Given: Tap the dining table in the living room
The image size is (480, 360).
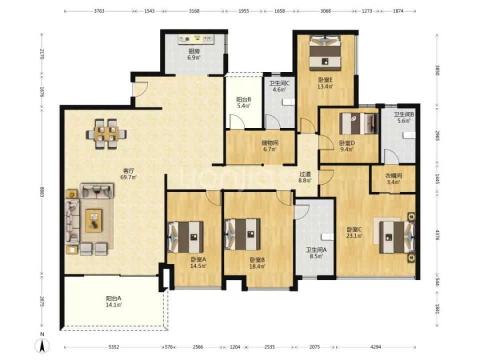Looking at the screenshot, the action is [x=106, y=134].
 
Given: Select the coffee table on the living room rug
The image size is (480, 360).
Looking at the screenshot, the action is [x=93, y=220].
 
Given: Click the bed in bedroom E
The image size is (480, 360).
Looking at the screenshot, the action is [x=325, y=52].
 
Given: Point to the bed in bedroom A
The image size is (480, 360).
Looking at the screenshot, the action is [x=185, y=236].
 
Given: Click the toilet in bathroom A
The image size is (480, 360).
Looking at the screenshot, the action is [x=327, y=236].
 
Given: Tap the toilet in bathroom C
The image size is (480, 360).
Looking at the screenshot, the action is [x=289, y=102].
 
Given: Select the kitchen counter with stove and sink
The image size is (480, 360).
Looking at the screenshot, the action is [x=196, y=39].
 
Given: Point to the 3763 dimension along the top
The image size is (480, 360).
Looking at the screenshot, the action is [x=99, y=11].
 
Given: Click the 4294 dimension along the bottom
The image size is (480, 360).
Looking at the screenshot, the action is [x=375, y=347].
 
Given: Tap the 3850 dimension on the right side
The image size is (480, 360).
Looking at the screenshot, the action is [x=437, y=70].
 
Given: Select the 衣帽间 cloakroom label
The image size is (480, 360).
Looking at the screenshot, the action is [x=393, y=175].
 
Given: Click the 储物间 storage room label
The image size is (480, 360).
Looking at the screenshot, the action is [x=270, y=142].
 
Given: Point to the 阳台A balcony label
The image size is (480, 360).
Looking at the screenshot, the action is [x=114, y=298].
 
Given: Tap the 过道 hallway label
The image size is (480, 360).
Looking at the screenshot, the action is [x=305, y=174].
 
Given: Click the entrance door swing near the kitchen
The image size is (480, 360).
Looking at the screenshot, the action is [x=140, y=89].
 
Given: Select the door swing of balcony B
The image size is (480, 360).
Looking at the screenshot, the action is [x=237, y=121].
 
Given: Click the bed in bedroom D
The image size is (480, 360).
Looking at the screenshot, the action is [x=359, y=123].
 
